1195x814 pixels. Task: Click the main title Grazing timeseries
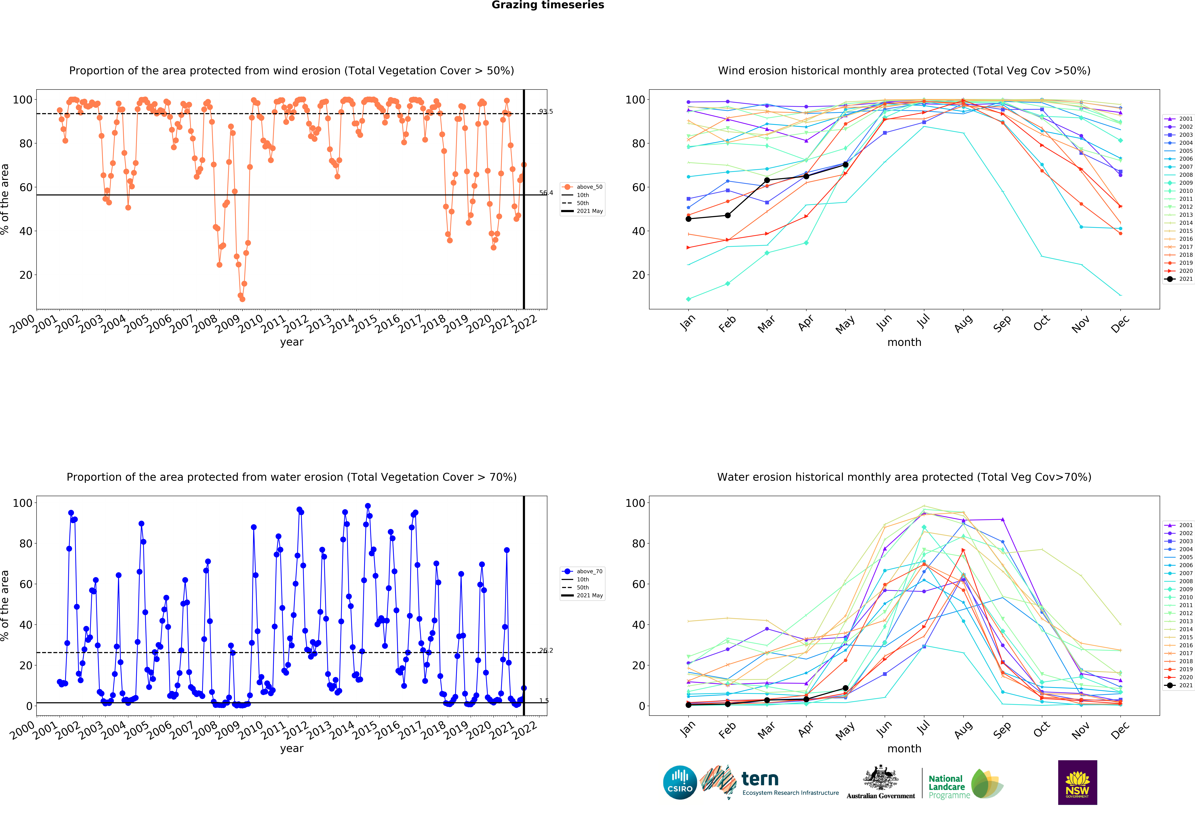(548, 5)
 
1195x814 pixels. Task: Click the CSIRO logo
(680, 782)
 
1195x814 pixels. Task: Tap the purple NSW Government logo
(1077, 782)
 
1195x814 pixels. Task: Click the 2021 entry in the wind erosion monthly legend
(1179, 279)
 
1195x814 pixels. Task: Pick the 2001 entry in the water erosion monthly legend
(1179, 525)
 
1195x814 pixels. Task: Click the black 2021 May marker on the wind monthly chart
(845, 165)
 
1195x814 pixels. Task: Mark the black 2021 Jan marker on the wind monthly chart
(688, 219)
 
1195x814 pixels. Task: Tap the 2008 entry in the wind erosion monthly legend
(1179, 175)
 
